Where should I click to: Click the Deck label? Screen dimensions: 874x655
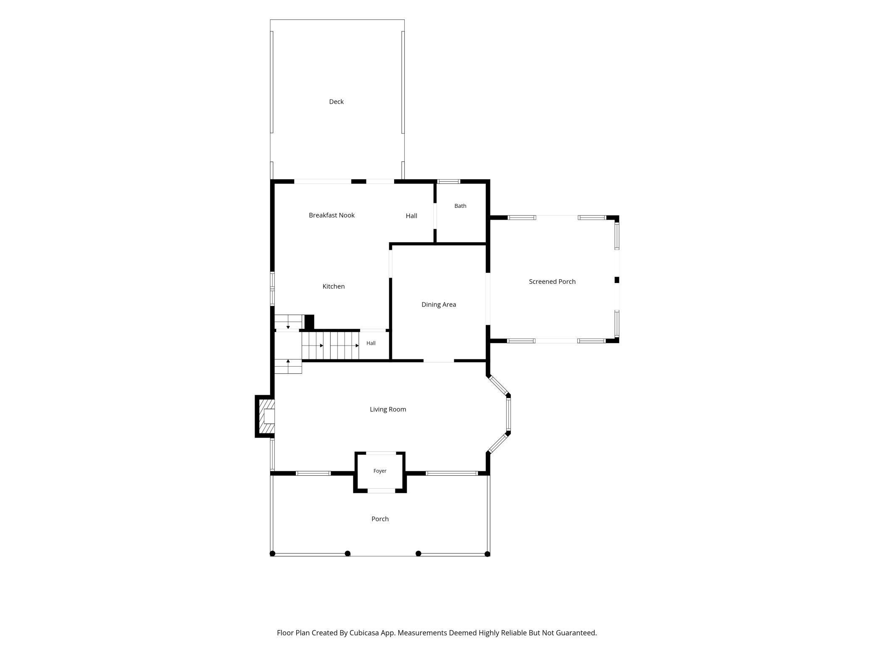click(336, 102)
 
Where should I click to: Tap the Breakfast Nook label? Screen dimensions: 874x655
click(332, 215)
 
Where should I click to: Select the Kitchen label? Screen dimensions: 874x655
click(333, 286)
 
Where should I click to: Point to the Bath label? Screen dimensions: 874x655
click(460, 206)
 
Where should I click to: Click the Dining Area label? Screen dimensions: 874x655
click(438, 304)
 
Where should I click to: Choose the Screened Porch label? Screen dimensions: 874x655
click(552, 281)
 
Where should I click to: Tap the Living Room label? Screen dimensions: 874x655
click(388, 409)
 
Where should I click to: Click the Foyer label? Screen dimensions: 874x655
click(380, 471)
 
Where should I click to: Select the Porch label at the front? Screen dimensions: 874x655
click(380, 519)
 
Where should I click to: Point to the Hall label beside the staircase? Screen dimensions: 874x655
click(371, 343)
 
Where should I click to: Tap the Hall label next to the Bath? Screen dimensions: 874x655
click(411, 216)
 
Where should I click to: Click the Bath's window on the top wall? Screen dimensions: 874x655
click(449, 181)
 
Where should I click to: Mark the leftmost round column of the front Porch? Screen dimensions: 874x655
click(272, 553)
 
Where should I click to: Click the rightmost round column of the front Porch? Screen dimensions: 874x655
click(487, 554)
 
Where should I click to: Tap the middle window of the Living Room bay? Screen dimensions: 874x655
click(508, 415)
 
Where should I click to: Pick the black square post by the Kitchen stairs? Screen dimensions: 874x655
click(309, 322)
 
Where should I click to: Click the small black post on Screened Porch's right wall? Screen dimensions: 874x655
click(617, 280)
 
